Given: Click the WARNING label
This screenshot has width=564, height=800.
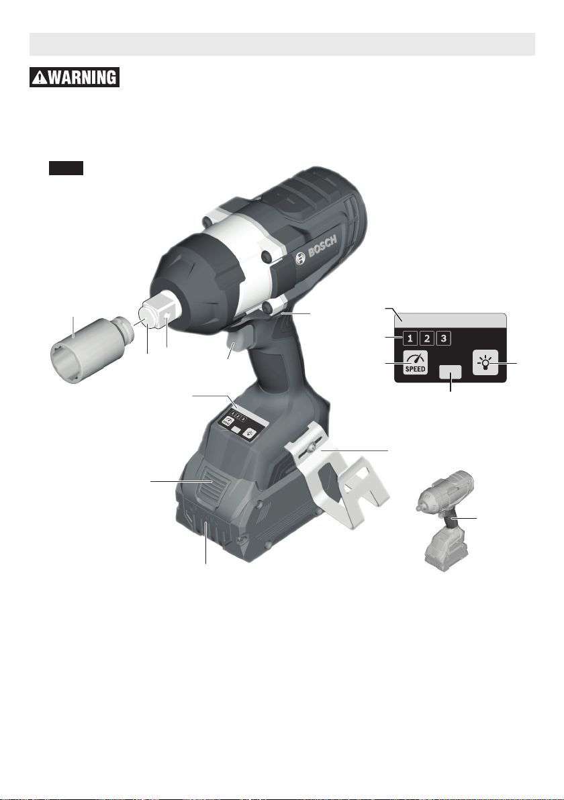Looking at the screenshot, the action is tap(75, 77).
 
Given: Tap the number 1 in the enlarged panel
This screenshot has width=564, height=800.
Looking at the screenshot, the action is tap(410, 338).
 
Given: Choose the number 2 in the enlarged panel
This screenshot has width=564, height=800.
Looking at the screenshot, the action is tap(427, 338).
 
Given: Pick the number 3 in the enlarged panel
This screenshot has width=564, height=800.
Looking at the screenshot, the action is tap(444, 338).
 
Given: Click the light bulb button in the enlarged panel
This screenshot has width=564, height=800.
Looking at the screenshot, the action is tap(485, 363).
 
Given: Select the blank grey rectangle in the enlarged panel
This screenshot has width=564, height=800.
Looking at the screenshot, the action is tap(450, 372).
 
